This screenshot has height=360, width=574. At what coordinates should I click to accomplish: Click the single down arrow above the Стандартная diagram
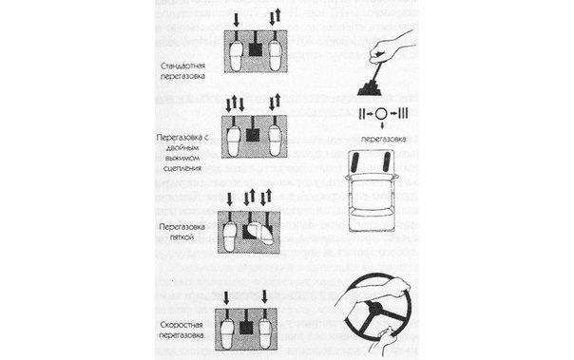point(236,18)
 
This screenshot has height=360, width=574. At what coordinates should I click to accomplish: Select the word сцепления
point(189,161)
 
